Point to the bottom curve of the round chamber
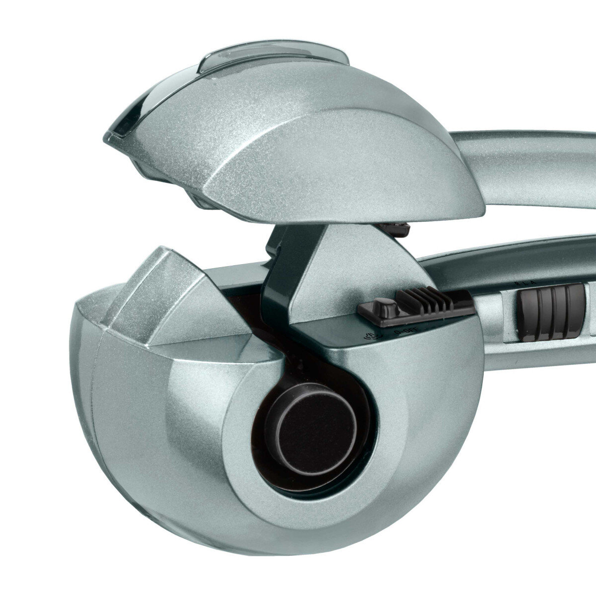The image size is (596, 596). click(278, 551)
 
